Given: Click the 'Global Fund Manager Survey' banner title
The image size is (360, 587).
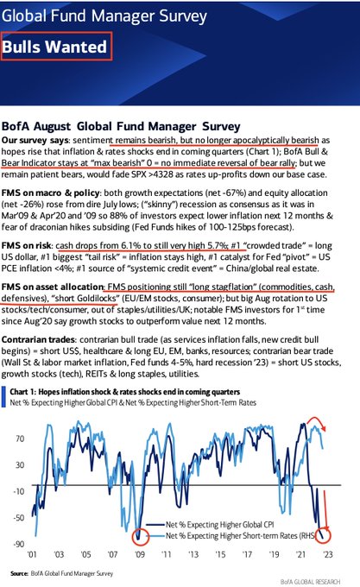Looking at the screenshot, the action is point(104,16).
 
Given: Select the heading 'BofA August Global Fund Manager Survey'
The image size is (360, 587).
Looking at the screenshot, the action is point(121,127).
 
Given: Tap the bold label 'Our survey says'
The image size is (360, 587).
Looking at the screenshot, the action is point(35,141).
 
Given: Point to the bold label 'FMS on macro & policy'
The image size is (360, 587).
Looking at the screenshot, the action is point(51,193).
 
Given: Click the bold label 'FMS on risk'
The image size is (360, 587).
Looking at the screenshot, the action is point(26,246).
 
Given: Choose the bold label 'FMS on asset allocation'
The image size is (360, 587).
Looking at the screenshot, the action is point(53,287).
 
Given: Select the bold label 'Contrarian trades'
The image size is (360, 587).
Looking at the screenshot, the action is point(38,340).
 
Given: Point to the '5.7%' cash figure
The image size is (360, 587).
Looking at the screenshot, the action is point(218,246).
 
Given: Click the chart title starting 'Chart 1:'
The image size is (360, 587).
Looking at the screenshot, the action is point(124,392).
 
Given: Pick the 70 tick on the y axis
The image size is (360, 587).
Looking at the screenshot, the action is point(20,439).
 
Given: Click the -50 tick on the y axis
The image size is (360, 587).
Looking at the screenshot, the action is point(19,518).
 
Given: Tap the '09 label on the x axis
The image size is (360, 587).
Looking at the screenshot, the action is point(139,554).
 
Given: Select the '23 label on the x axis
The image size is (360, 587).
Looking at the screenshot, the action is point(327,554).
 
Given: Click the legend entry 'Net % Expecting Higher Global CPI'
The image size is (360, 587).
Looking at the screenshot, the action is point(219,525).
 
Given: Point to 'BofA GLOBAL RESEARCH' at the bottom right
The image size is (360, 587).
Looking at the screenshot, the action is point(310,582).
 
